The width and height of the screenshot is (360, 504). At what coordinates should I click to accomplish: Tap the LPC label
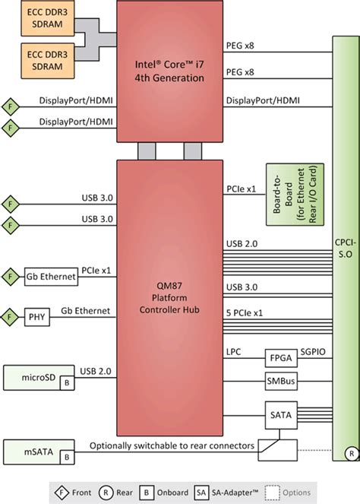(x=234, y=352)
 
